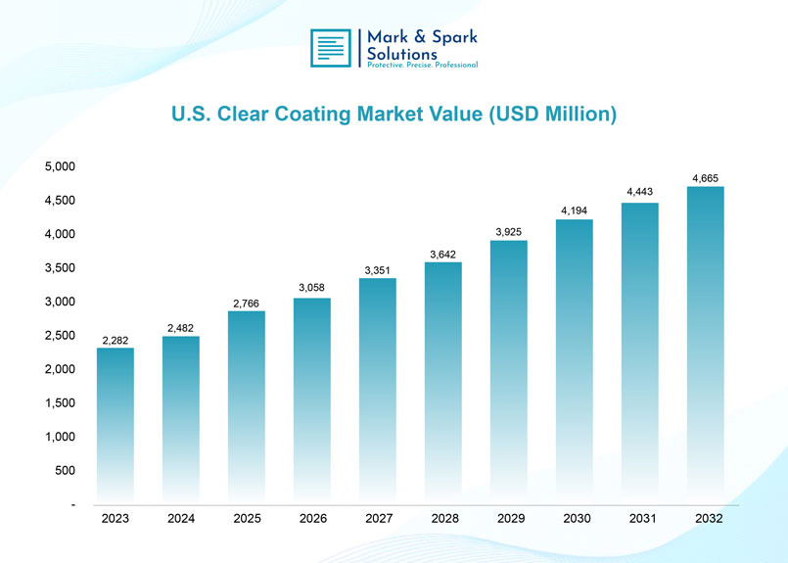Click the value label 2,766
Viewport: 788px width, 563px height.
coord(246,304)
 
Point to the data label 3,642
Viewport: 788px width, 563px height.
coord(442,255)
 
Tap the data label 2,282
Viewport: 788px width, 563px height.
coord(115,341)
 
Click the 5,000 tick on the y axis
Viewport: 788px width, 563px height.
coord(61,166)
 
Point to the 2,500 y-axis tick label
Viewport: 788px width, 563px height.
coord(61,336)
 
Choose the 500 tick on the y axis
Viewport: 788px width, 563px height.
coord(67,471)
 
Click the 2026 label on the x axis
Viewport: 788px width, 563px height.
coord(312,519)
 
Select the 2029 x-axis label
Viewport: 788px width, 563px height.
coord(509,519)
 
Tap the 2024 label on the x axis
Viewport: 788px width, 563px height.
coord(181,519)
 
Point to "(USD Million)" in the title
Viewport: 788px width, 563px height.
coord(550,115)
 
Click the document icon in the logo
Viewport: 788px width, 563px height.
coord(331,48)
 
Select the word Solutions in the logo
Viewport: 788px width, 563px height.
coord(401,53)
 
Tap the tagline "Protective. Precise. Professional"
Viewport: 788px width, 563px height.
coord(422,65)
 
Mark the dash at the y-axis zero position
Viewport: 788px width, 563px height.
coord(72,505)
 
